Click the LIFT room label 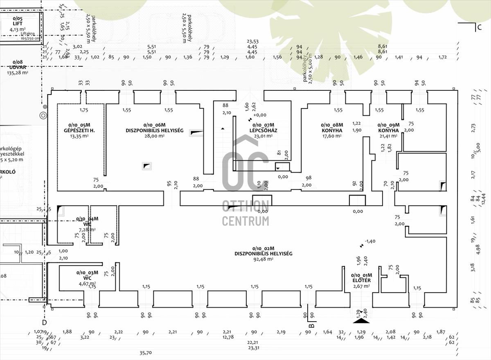(17, 24)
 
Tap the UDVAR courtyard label (17, 67)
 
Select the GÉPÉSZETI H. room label (79, 130)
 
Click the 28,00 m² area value (154, 136)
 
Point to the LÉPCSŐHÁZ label (263, 130)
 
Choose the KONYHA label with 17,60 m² (331, 130)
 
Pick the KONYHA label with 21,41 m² (388, 130)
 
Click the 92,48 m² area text (263, 259)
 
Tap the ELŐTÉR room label (361, 280)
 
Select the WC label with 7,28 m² (87, 224)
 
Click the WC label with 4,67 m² (88, 278)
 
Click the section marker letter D (45, 322)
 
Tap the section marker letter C (479, 28)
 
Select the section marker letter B (311, 326)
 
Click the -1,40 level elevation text (370, 241)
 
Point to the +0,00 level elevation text (260, 115)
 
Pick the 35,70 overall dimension (146, 353)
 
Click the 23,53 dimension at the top (252, 41)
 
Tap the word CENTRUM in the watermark (245, 221)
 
